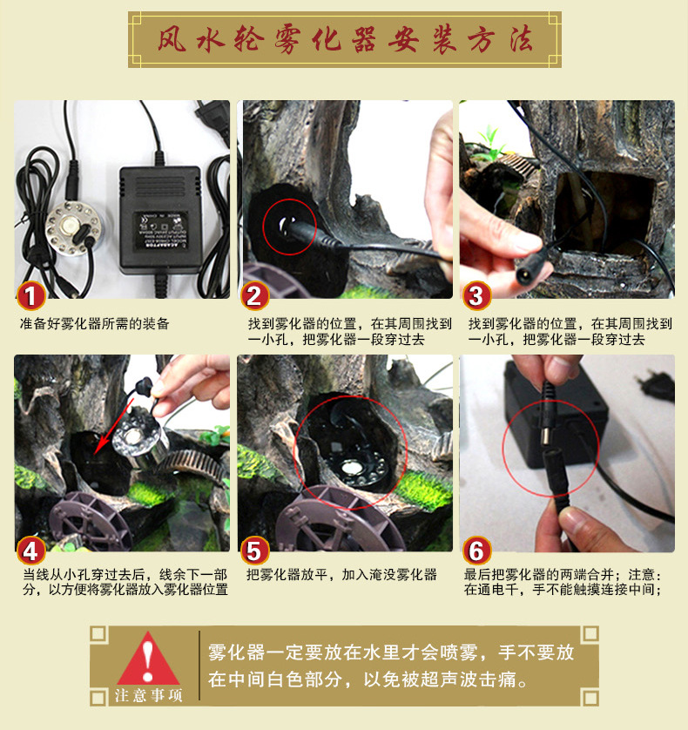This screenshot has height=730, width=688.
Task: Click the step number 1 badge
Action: (30, 296)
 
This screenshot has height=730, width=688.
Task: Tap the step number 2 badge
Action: (254, 296)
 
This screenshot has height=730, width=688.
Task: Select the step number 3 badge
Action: (476, 296)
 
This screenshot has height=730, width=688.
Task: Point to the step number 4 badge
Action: (30, 551)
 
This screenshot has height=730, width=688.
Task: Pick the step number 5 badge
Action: (254, 551)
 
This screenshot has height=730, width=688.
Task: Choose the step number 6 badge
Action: (476, 551)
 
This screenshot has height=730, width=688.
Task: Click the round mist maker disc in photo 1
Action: (73, 228)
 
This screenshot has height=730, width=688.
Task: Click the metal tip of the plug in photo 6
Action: (543, 437)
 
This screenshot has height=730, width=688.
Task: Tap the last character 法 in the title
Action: (521, 40)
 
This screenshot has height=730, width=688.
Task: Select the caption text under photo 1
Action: (94, 323)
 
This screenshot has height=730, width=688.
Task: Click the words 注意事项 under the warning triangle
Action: (149, 695)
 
